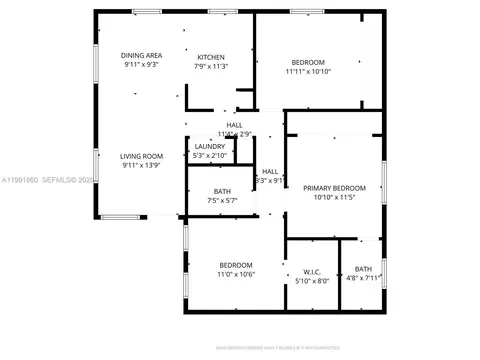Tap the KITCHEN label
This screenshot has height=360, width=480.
[x=210, y=57]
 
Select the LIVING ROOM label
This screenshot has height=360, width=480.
[x=142, y=156]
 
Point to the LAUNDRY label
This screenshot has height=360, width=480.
[x=210, y=146]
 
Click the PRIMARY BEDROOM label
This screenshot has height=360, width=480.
[x=334, y=188]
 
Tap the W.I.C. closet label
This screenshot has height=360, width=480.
[x=310, y=271]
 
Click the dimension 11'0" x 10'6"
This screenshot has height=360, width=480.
[x=237, y=274]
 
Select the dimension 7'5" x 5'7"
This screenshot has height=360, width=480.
[x=224, y=201]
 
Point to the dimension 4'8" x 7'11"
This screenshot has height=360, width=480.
[x=363, y=280]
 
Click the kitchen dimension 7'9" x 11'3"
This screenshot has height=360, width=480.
[x=211, y=67]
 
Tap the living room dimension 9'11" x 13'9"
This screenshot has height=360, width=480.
[x=142, y=166]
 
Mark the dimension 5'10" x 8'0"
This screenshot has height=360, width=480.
[x=310, y=281]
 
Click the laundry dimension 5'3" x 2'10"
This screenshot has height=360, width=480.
[x=210, y=156]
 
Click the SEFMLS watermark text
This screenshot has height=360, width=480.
[x=44, y=180]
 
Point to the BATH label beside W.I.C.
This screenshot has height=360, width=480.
[x=363, y=269]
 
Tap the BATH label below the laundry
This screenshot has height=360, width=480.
[x=223, y=191]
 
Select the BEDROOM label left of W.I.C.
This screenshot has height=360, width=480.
[x=237, y=264]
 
